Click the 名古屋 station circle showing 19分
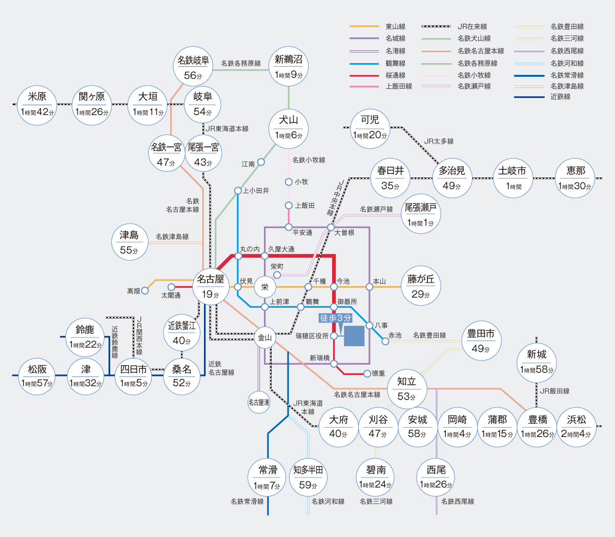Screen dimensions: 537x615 [211, 287]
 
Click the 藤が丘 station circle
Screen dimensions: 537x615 [421, 287]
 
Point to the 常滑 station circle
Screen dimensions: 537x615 [268, 478]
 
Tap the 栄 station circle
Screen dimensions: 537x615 [265, 287]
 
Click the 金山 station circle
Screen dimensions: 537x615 [265, 338]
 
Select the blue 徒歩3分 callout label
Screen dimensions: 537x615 [336, 318]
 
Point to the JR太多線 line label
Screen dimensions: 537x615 [439, 141]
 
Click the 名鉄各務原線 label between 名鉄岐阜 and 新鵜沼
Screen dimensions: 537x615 [241, 63]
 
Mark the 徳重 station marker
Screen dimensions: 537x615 [367, 374]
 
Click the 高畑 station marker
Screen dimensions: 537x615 [145, 291]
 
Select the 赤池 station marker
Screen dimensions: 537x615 [385, 341]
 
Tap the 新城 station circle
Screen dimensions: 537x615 [537, 362]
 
